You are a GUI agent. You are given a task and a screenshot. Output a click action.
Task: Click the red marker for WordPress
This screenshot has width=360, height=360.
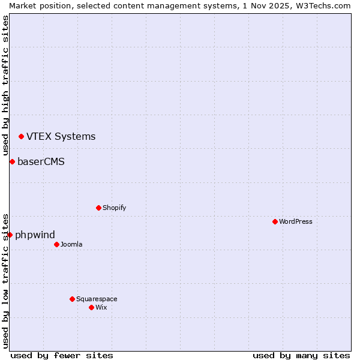coord(275,221)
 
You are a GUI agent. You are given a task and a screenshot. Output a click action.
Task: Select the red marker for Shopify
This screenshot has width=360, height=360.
coord(98,208)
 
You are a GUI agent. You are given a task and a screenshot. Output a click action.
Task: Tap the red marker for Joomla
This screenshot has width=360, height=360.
coord(56,244)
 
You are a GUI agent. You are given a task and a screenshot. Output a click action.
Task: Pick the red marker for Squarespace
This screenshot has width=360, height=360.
coord(72,299)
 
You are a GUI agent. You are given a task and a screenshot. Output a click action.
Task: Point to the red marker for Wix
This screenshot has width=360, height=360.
coord(91,307)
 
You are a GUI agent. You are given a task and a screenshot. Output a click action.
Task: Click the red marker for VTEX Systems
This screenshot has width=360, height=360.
coord(21,137)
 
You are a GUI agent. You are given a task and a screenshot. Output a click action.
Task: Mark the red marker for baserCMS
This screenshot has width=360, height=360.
coord(12,161)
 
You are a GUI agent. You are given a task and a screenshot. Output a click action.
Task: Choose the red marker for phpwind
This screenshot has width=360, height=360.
coord(10,235)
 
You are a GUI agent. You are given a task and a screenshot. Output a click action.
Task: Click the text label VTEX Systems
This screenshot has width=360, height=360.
coord(61,137)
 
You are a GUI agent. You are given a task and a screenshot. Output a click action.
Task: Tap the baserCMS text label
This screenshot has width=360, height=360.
coord(41,161)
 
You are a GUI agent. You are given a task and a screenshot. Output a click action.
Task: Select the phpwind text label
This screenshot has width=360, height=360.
coord(35,235)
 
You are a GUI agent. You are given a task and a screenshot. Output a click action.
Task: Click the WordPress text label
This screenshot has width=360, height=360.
coord(295,221)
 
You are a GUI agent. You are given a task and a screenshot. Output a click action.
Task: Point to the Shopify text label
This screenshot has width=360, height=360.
coord(114,208)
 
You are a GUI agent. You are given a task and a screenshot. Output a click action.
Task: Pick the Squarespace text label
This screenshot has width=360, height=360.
coord(97,299)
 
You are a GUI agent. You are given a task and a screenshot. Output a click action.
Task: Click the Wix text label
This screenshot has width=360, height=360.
coord(101,307)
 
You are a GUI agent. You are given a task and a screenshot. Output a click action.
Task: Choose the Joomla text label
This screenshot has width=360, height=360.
coord(71,244)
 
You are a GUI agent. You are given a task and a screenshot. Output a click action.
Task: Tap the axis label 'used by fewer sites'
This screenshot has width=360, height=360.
coord(62,355)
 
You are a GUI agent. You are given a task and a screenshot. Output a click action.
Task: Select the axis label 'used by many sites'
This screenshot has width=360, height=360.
coord(301,355)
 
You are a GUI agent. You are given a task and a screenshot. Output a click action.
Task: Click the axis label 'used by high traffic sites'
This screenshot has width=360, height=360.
coord(5,86)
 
